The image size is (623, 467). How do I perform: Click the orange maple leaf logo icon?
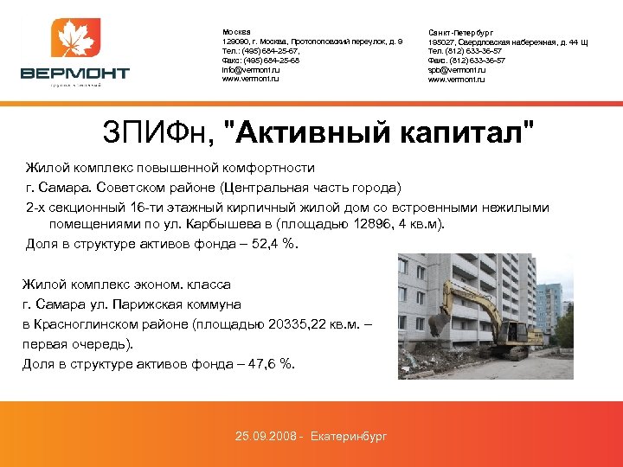tap(75, 40)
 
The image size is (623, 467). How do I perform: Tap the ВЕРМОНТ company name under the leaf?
tap(75, 74)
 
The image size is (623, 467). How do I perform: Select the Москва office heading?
tap(235, 32)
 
